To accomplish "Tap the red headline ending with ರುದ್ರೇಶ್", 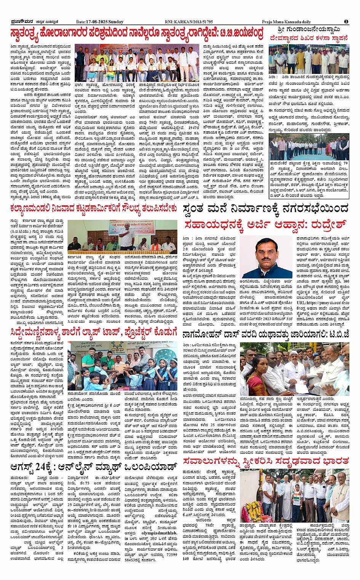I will (265, 224).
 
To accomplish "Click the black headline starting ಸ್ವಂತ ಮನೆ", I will (265, 209).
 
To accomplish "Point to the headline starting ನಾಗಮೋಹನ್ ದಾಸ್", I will (265, 335).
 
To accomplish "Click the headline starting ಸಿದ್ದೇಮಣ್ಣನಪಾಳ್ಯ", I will (94, 331).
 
